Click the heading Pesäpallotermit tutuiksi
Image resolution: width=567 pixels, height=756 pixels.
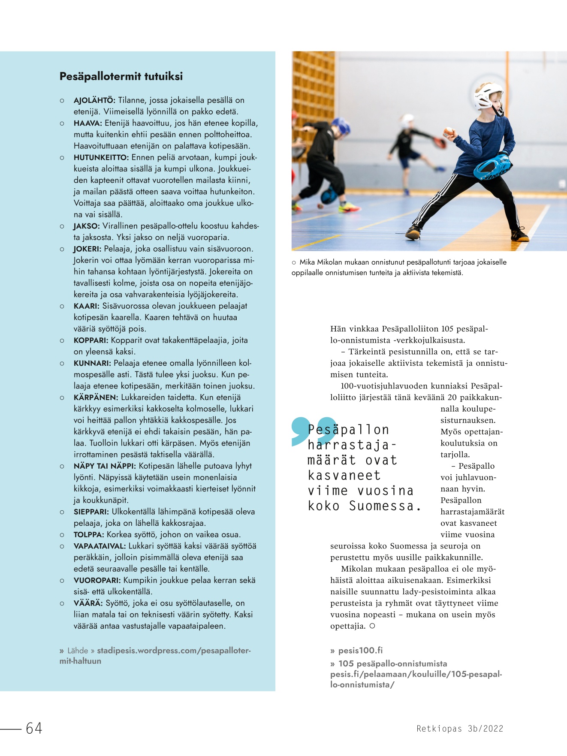(x=121, y=76)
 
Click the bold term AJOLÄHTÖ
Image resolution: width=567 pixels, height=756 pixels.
(x=94, y=100)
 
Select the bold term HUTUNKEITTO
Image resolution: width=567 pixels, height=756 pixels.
(x=101, y=157)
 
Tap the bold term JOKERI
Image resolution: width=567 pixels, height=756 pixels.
(x=87, y=249)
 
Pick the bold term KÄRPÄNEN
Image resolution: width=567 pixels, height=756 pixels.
(x=96, y=398)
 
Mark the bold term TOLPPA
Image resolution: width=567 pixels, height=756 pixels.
(x=89, y=535)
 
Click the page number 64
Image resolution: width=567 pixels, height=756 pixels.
(x=34, y=728)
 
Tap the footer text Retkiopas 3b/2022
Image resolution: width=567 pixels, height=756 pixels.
(x=460, y=729)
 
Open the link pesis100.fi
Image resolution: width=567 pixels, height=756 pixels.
(x=360, y=651)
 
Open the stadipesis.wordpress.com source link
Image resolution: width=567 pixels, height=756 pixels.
(x=174, y=651)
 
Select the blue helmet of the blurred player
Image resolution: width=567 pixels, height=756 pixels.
(x=341, y=126)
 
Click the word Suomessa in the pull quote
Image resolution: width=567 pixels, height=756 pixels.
(x=381, y=506)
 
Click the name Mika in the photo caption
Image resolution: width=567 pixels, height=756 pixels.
(x=307, y=262)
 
